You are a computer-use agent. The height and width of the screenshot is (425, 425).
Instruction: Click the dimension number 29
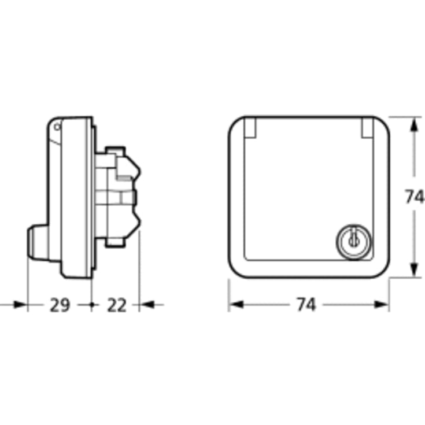click(60, 305)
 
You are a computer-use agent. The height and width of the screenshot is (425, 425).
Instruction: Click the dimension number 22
click(117, 305)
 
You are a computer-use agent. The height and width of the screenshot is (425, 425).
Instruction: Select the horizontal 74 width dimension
click(306, 304)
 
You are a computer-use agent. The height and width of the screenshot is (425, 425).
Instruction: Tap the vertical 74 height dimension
click(413, 197)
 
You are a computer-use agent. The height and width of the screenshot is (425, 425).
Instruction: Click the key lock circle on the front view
click(354, 241)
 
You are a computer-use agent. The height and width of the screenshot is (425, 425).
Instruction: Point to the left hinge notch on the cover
click(250, 127)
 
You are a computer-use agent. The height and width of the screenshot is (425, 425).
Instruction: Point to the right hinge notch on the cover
click(368, 127)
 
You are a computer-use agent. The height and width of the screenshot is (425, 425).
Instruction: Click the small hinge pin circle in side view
click(57, 127)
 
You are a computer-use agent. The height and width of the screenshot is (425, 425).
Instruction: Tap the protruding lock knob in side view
click(38, 241)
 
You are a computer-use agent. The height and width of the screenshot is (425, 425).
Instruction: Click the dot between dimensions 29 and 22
click(91, 305)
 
